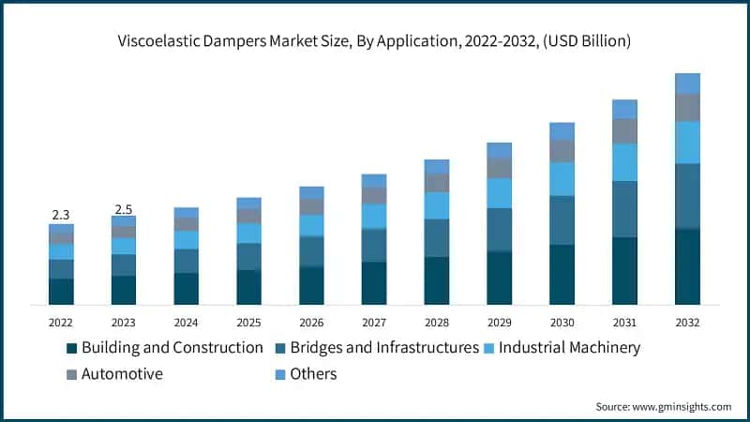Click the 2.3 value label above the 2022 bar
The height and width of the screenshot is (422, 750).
pyautogui.click(x=61, y=215)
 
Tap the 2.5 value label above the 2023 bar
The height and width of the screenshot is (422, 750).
pyautogui.click(x=124, y=208)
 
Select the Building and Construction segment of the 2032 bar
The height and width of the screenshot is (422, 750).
pyautogui.click(x=688, y=266)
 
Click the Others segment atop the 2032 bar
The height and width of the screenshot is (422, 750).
pyautogui.click(x=688, y=83)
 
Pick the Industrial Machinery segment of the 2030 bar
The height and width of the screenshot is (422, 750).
pyautogui.click(x=562, y=178)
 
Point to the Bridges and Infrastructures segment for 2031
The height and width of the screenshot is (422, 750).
pyautogui.click(x=625, y=209)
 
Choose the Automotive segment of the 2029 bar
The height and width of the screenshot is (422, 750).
pyautogui.click(x=500, y=168)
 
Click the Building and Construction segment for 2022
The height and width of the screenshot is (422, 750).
pyautogui.click(x=61, y=292)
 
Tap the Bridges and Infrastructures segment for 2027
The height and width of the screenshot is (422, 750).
pyautogui.click(x=374, y=245)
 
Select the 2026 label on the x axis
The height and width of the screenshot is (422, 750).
pyautogui.click(x=311, y=322)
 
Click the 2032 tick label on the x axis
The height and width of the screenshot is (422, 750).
pyautogui.click(x=688, y=322)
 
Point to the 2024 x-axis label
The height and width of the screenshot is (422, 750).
pyautogui.click(x=187, y=322)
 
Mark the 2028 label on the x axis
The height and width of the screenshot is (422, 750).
pyautogui.click(x=437, y=322)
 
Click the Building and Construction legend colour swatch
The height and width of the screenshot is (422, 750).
pyautogui.click(x=71, y=348)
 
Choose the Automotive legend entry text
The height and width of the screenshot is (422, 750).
pyautogui.click(x=123, y=374)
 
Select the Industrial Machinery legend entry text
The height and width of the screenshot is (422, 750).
pyautogui.click(x=569, y=348)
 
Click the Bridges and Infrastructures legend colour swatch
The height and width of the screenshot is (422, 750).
pyautogui.click(x=280, y=348)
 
